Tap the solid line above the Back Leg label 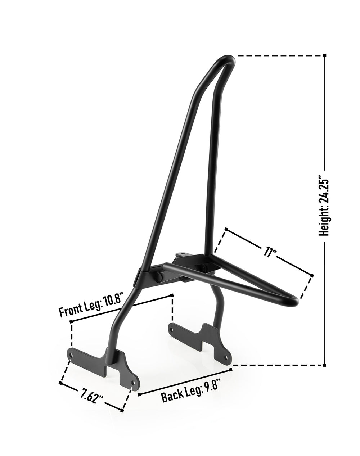pos(184,376)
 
